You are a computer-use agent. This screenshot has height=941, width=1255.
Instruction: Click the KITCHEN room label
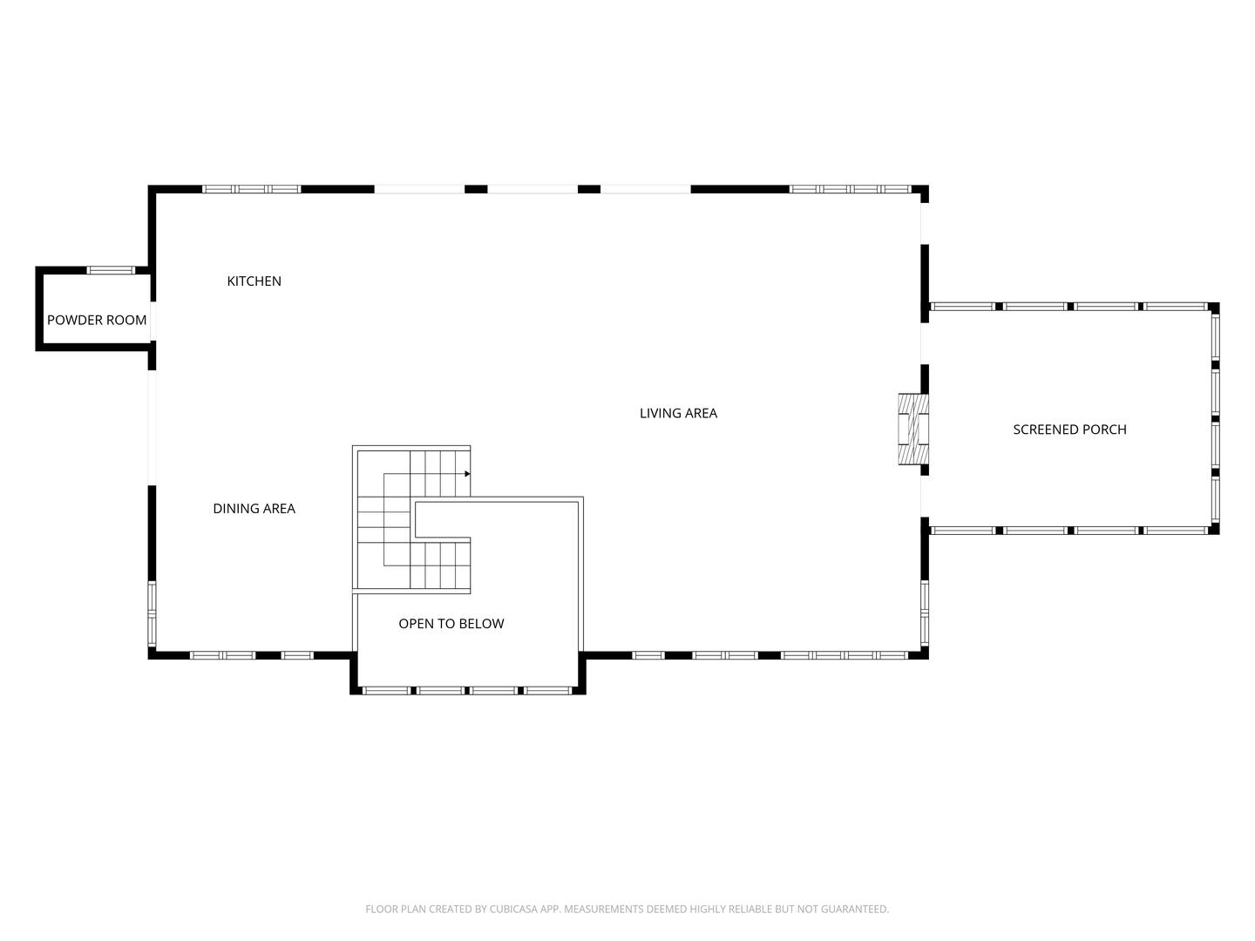pos(254,281)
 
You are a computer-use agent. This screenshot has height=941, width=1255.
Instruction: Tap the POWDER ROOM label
pos(97,320)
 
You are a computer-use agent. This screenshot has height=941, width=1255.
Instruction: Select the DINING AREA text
pos(254,508)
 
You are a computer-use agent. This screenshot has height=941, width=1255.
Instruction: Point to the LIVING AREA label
pos(678,413)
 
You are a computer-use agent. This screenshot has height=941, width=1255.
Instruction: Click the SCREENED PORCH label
pos(1069,429)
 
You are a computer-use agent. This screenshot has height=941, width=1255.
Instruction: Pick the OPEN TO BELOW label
pos(451,623)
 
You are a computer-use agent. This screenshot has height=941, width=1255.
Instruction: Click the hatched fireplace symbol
pos(912,429)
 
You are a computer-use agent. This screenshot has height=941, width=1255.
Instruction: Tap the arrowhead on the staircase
pos(467,474)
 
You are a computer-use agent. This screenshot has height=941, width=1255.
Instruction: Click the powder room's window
pos(111,270)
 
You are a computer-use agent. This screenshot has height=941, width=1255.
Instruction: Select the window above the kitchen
pos(251,189)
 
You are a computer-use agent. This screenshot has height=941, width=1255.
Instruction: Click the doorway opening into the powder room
pos(152,320)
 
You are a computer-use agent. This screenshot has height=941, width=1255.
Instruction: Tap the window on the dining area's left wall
pos(152,613)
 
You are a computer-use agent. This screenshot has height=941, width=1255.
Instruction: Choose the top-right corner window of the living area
pos(850,189)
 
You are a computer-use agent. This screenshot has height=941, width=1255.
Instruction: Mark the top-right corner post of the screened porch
pos(1214,308)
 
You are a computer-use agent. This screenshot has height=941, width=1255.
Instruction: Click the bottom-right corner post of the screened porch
pos(1214,529)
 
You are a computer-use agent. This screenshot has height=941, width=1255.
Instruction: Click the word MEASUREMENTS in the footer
pos(602,909)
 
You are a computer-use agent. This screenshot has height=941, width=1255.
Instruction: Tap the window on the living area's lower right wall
pos(925,613)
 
